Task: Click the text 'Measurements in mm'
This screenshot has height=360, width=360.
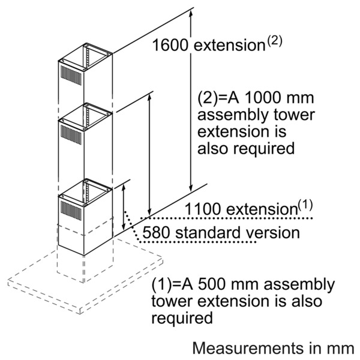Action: [x=274, y=347]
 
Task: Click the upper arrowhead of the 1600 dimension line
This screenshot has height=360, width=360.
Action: [x=190, y=13]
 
